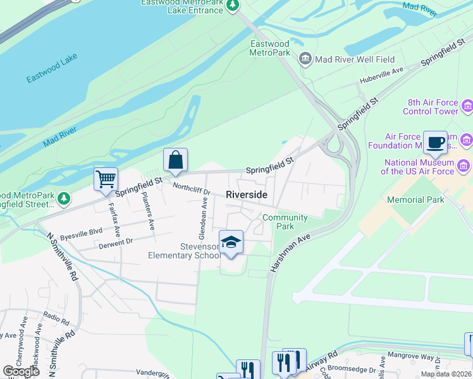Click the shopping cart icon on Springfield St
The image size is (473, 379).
click(x=106, y=178)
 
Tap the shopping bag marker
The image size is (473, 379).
click(x=175, y=160)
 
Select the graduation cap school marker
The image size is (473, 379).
click(x=231, y=242)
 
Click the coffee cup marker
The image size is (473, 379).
click(x=435, y=142)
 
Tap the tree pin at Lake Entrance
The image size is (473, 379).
click(x=233, y=6)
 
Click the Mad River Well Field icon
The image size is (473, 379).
click(x=305, y=59)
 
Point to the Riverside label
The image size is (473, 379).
click(x=247, y=195)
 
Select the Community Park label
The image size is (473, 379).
click(x=285, y=222)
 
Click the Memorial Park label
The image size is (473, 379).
click(x=415, y=200)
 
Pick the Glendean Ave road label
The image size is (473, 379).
click(x=204, y=214)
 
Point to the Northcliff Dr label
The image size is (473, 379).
click(x=192, y=188)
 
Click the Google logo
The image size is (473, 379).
click(x=21, y=371)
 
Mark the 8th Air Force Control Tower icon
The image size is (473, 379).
click(x=467, y=105)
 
